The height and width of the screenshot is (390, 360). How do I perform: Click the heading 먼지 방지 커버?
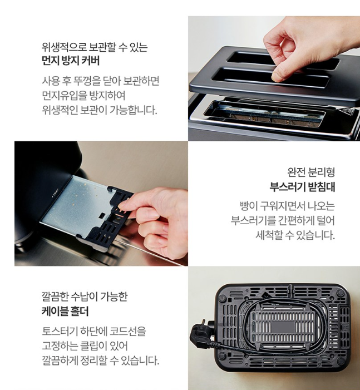[71, 61]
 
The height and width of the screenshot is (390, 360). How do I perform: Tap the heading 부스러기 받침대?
[302, 187]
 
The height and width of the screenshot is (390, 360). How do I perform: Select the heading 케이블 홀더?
[65, 311]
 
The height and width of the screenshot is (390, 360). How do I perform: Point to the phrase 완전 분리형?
[311, 172]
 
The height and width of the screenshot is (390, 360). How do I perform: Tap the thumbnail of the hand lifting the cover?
[274, 78]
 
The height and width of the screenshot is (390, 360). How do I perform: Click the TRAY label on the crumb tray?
[55, 194]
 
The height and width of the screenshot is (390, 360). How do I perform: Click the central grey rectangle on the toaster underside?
[283, 327]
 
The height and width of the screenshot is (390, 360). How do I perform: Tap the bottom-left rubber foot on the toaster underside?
[221, 355]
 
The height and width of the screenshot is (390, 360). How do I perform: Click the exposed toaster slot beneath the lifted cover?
[264, 113]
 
